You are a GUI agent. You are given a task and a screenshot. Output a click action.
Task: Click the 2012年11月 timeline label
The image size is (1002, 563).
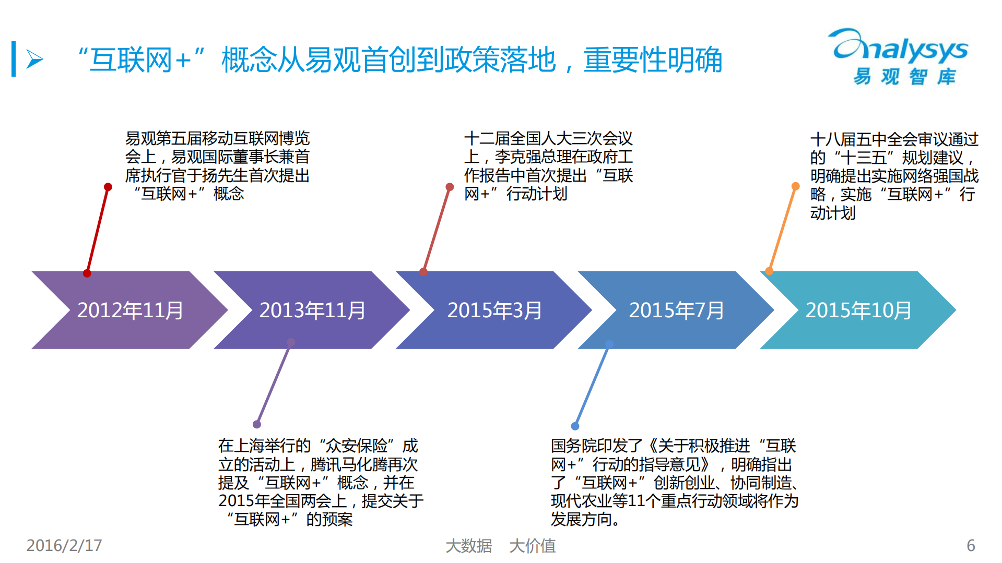point(130,310)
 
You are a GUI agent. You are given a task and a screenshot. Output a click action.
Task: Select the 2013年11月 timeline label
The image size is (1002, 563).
point(312,310)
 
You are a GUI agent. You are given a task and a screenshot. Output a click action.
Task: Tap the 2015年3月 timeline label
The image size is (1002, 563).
point(494,310)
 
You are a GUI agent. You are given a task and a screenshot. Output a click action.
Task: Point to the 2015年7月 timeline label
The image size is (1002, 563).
point(676,310)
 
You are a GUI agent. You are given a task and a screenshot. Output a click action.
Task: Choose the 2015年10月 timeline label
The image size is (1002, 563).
point(858,310)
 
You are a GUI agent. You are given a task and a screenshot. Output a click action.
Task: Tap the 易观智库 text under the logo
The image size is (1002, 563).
point(904,77)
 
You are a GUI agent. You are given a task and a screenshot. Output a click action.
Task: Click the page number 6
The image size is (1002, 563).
point(971,545)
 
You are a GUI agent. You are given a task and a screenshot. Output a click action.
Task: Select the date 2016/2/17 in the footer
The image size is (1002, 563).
point(64,545)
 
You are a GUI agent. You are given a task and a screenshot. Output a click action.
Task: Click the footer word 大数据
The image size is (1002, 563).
point(468,546)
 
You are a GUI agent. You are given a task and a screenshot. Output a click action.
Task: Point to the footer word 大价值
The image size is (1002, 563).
point(532,546)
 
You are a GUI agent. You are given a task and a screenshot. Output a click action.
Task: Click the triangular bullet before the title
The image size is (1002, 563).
point(34,59)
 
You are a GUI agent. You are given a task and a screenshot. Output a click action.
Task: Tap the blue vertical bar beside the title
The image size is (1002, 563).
point(14,59)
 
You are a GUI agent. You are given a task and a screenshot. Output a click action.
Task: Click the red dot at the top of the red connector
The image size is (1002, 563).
point(108,187)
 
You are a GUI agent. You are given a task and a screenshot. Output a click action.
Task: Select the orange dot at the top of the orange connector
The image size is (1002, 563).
point(796,186)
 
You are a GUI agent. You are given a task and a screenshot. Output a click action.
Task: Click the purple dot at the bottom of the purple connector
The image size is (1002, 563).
point(256,424)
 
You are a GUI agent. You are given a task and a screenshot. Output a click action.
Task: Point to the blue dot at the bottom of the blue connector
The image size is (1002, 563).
point(575,426)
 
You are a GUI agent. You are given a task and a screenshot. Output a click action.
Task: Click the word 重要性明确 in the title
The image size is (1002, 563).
point(653,60)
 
